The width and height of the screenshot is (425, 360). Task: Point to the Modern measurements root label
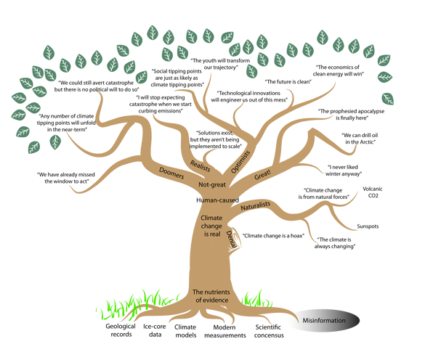[224, 331]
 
